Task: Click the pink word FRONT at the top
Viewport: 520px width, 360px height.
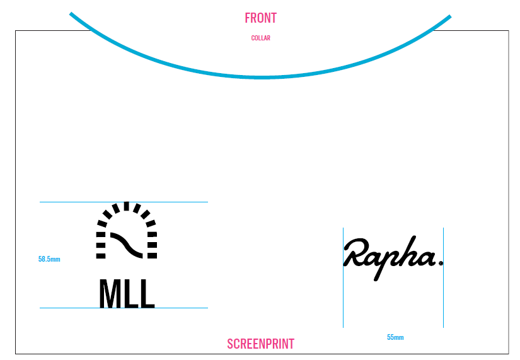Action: pos(260,18)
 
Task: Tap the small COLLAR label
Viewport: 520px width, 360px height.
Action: pos(260,38)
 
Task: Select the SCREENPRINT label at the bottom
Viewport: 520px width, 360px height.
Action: pos(260,344)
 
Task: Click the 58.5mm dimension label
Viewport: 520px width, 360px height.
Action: pos(49,259)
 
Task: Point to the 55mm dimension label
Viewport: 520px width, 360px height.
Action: pos(395,337)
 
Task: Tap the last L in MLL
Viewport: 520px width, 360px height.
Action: pos(147,294)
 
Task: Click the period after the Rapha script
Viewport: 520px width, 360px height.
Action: pos(441,262)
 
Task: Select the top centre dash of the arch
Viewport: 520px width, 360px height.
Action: pos(127,206)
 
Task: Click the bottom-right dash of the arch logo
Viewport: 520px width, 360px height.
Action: pos(152,255)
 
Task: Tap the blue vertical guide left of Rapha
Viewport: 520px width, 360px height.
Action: pos(343,296)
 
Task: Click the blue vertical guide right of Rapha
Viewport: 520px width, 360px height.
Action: pos(443,296)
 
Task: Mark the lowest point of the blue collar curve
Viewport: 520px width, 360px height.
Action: pos(261,77)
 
